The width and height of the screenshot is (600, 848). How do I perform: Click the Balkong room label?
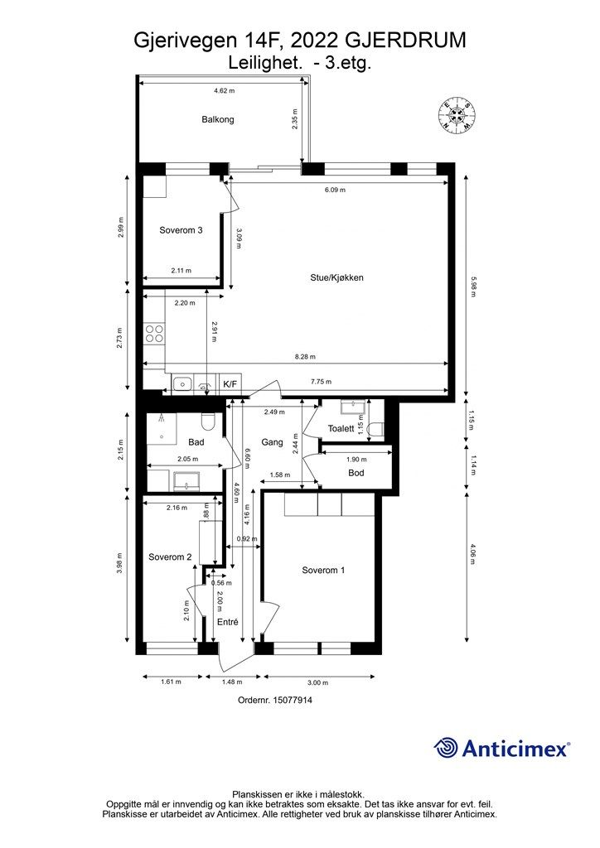(218, 119)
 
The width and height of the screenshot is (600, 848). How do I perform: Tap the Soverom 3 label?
(181, 230)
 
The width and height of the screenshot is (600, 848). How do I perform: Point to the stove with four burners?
(155, 333)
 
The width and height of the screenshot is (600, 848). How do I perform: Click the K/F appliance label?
(230, 384)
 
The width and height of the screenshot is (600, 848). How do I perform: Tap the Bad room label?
(196, 442)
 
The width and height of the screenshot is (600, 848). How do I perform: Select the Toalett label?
(341, 429)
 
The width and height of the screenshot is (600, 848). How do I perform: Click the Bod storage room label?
(356, 473)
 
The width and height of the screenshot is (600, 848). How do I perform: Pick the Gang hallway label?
(272, 442)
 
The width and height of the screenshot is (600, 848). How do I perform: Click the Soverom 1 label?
(323, 571)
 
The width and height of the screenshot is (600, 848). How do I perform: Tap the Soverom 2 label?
(170, 557)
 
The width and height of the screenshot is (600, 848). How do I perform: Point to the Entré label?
(227, 622)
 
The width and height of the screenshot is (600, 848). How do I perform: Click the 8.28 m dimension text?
(307, 357)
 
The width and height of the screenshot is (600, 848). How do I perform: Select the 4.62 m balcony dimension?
(224, 90)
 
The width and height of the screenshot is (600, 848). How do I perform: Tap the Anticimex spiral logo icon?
(447, 748)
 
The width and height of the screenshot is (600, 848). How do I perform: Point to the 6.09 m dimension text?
(334, 189)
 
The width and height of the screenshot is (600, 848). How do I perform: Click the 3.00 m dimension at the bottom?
(318, 682)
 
